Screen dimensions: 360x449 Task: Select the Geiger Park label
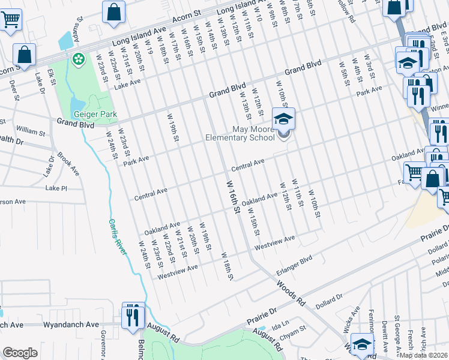95,114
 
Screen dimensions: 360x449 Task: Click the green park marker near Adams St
77,59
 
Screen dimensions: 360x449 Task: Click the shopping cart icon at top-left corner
10,20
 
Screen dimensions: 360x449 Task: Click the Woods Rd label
292,292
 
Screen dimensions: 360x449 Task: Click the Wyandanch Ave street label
70,325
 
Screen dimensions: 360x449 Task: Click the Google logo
20,353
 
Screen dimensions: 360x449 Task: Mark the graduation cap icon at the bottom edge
362,345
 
